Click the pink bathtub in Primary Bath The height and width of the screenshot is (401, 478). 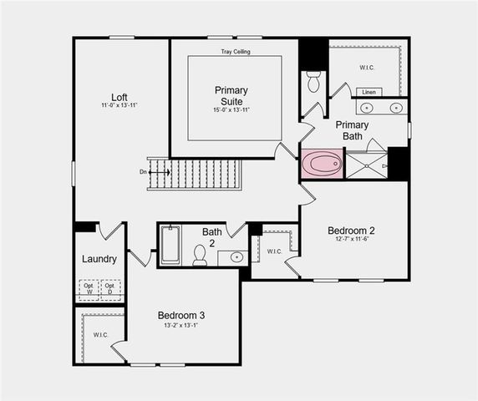(322, 164)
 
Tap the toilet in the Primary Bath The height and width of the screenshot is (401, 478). (313, 82)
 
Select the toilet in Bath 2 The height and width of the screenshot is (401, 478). (200, 255)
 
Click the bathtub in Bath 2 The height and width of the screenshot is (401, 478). (170, 245)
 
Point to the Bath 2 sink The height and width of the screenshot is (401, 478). (236, 257)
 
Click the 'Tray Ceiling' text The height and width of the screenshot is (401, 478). (235, 52)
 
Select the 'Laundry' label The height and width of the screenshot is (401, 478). (99, 259)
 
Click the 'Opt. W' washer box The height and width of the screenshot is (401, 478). (87, 290)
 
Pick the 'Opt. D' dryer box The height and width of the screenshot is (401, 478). (110, 290)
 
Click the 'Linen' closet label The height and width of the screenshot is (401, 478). (369, 92)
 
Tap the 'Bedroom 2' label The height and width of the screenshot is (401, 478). (351, 231)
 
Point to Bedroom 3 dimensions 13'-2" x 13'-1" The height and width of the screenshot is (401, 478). (181, 326)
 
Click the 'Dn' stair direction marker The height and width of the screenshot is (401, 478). (144, 172)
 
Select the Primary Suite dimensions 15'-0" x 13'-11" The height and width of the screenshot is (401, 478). (231, 110)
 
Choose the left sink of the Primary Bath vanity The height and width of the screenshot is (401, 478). (367, 107)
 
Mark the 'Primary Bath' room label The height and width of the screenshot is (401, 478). (352, 130)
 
